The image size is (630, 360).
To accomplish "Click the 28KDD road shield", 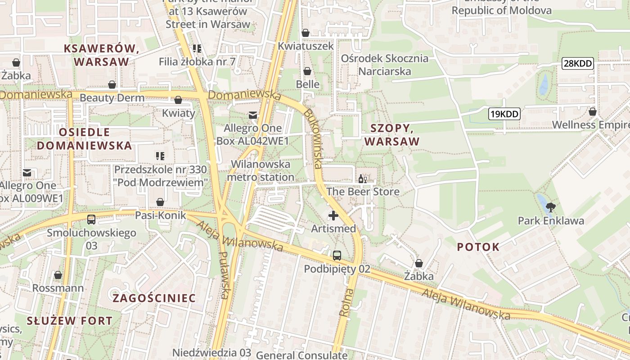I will point(578,63).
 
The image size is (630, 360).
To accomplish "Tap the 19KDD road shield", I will point(504,114).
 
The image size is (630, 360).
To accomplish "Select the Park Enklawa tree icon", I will point(550,207).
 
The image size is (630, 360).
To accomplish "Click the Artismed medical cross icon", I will point(333,216).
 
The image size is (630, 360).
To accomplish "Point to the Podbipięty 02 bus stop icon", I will point(337,256).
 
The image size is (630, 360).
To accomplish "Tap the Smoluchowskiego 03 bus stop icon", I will point(91,220).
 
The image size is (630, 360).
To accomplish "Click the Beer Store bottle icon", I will point(363,179).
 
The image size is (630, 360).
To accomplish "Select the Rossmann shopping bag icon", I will point(58,274).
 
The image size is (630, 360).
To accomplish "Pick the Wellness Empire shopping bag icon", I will point(593,111).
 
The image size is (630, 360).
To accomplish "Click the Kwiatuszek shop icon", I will point(306,32).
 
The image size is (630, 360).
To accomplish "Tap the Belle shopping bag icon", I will point(307,71).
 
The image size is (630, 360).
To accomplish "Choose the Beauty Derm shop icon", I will point(112,85).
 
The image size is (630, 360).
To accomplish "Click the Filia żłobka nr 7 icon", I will point(197,48).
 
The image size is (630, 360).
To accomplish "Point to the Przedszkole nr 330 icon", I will point(160,156).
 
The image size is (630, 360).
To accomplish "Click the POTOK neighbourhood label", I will point(478,247).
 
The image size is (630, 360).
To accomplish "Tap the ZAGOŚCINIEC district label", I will point(154,298).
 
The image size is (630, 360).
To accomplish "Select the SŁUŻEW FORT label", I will point(70,321).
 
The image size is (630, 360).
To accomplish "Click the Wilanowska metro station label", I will point(261,171).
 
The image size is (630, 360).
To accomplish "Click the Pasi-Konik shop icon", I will point(160,202).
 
